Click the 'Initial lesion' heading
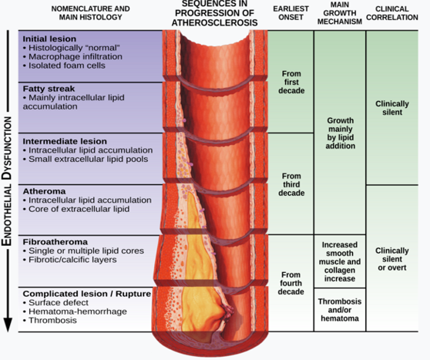(x=49, y=39)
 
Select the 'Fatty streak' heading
(x=49, y=89)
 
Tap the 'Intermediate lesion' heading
(x=65, y=141)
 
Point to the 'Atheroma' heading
(x=44, y=191)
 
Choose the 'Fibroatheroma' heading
(x=55, y=242)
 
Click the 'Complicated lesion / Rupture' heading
(x=87, y=294)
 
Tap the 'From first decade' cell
(x=291, y=82)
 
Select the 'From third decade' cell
(x=291, y=184)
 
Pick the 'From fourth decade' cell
(x=291, y=283)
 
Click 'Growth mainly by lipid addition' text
(x=341, y=133)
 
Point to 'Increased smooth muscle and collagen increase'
(x=340, y=261)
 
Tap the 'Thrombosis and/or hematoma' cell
(x=340, y=310)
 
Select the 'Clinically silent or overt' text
(x=392, y=259)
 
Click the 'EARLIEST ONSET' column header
(x=291, y=13)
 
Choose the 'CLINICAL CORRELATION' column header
(x=392, y=13)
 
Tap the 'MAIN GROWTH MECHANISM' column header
(x=340, y=13)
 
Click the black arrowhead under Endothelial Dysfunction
(x=8, y=325)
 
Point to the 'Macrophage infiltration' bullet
(x=76, y=57)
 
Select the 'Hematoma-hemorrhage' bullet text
(x=78, y=311)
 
